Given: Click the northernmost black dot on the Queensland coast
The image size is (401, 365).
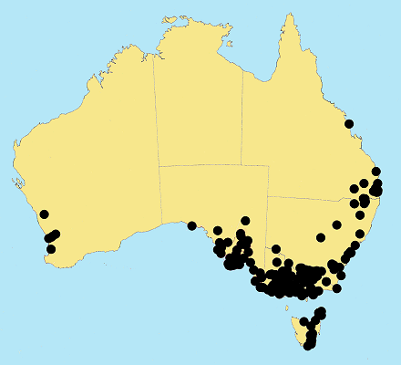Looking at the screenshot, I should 348,124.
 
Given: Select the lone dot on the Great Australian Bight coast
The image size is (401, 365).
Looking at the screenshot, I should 192,225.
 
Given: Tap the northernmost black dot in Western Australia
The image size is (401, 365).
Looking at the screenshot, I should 44,215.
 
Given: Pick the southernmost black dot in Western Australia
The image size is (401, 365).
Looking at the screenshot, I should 51,249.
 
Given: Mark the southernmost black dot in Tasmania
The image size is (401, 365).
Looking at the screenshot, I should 309,346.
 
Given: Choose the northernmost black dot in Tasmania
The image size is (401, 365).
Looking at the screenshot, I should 321,312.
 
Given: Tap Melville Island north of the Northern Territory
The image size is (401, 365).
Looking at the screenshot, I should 167,20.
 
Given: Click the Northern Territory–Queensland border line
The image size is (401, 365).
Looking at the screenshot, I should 242,119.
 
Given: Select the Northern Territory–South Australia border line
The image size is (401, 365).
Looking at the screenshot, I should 210,166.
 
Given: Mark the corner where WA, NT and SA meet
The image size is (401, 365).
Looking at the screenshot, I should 159,166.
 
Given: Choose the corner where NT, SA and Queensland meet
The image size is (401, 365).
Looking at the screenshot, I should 242,166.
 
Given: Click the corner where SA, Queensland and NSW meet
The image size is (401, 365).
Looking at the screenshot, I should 268,196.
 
